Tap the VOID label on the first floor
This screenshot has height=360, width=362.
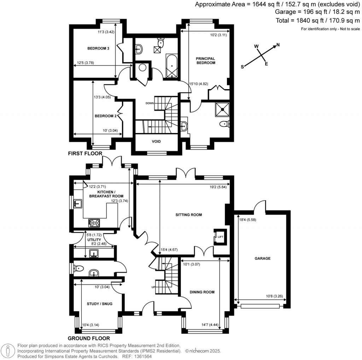(156, 141)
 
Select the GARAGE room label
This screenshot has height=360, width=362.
(262, 259)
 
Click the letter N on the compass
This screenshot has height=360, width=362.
(278, 45)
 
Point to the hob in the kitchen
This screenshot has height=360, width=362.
(95, 223)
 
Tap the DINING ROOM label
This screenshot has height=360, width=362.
(202, 292)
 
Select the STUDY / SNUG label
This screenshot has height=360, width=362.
(99, 303)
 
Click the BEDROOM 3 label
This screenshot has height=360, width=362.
(98, 48)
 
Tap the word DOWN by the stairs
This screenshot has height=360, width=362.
(149, 103)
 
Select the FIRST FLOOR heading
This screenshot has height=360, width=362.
(85, 154)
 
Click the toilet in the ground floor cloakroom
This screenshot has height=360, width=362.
(78, 269)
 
